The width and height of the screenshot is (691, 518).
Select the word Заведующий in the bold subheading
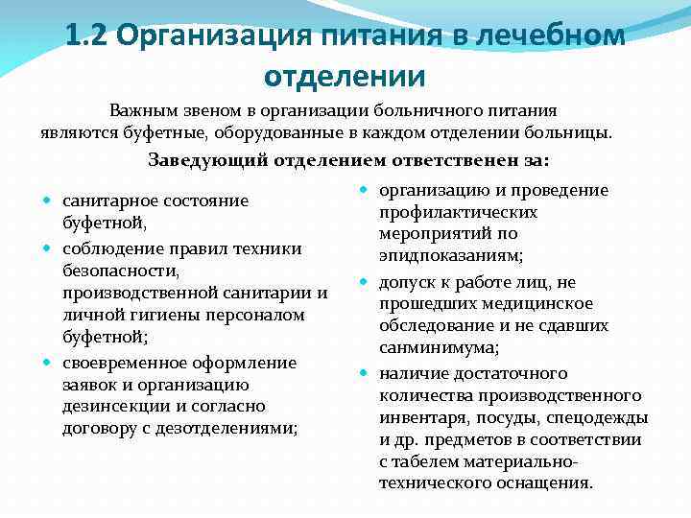[206, 160]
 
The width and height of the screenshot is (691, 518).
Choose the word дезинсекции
[110, 406]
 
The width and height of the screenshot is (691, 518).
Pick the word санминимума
[438, 347]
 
